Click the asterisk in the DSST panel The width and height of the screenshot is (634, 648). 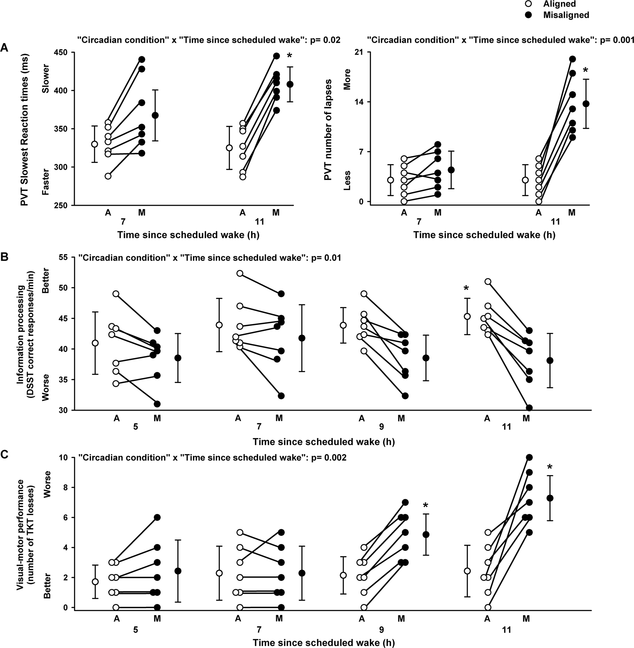466,289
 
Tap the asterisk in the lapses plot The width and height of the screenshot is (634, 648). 586,71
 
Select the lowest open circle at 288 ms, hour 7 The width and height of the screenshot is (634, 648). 108,176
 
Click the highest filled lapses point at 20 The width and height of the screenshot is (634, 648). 572,59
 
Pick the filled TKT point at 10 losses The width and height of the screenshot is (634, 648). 529,457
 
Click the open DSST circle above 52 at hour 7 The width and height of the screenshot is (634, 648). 240,273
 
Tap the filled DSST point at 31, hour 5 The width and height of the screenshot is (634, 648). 157,404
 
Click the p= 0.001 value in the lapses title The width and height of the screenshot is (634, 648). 617,40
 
